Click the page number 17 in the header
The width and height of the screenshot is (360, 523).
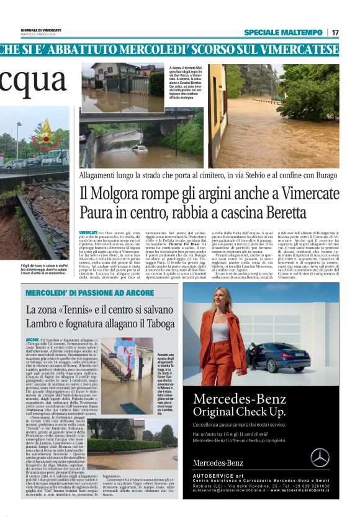(335, 32)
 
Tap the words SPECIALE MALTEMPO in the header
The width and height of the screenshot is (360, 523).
(282, 32)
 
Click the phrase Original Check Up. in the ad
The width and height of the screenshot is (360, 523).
(238, 412)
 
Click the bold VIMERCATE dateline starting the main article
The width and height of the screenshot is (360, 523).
(88, 232)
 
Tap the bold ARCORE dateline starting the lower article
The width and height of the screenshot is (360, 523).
(32, 341)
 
